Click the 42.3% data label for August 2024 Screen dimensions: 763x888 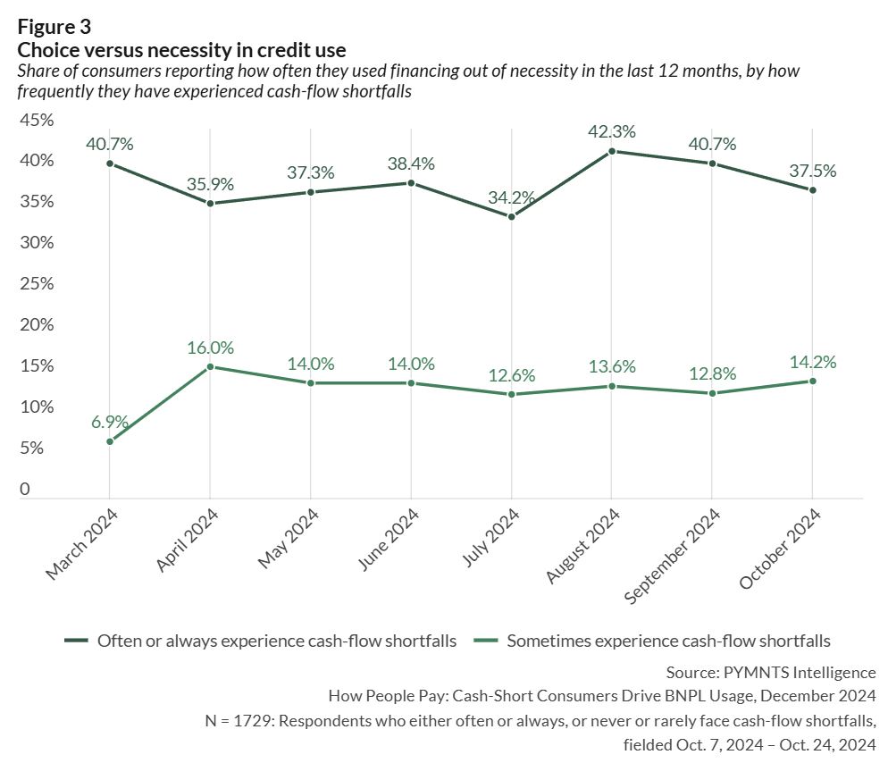[x=611, y=131]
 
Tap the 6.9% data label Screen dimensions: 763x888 [x=109, y=422]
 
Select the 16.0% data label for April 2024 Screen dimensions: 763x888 [x=210, y=348]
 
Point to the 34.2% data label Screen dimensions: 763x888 [x=511, y=197]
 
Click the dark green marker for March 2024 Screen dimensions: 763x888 [x=109, y=163]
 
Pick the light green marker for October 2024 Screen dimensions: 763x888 [x=812, y=381]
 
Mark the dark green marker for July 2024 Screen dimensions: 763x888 [x=511, y=216]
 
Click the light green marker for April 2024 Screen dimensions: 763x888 [x=210, y=366]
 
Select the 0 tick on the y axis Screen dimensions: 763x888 [x=24, y=489]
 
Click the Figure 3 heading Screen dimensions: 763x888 [x=54, y=27]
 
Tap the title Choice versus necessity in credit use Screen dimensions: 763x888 [x=181, y=49]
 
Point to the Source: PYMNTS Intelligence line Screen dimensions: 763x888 [x=771, y=672]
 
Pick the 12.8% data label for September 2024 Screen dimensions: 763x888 [x=712, y=373]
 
